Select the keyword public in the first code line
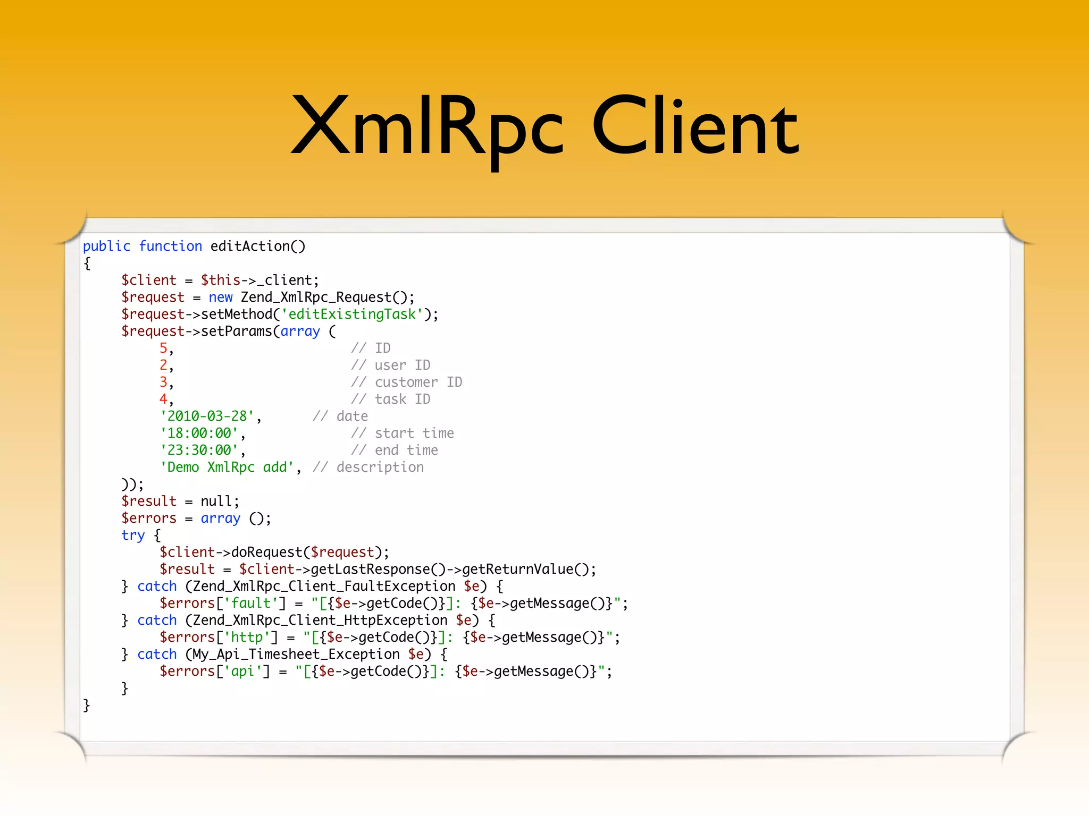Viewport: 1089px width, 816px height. pos(106,246)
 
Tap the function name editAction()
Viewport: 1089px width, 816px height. pos(258,246)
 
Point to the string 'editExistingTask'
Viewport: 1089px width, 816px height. pos(352,314)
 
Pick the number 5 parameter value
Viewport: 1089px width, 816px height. pos(164,348)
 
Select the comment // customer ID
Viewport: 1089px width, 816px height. pos(406,382)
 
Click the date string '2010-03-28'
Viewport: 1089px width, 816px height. pos(207,416)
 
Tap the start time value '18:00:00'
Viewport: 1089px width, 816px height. pos(199,433)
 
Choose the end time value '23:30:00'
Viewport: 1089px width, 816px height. pos(199,450)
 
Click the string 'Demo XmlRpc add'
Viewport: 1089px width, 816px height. pos(227,467)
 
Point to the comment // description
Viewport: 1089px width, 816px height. pos(368,467)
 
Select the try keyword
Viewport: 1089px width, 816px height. pos(132,535)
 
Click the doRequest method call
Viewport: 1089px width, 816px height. pos(266,552)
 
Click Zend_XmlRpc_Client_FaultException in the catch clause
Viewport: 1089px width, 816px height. pos(324,586)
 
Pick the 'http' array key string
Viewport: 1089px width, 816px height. pos(247,637)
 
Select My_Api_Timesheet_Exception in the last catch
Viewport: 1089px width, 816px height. pos(296,654)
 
